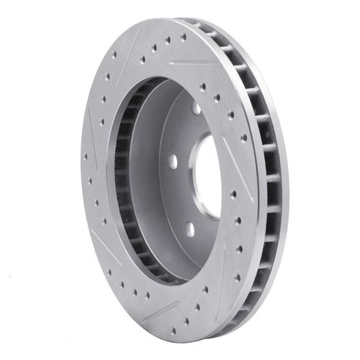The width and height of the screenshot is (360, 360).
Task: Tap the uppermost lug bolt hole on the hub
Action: pos(196,108)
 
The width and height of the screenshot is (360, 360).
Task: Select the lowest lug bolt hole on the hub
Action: pos(189,229)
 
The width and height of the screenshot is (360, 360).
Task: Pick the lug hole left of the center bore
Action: pos(173,162)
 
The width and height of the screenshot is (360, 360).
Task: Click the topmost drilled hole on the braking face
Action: pos(183,37)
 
